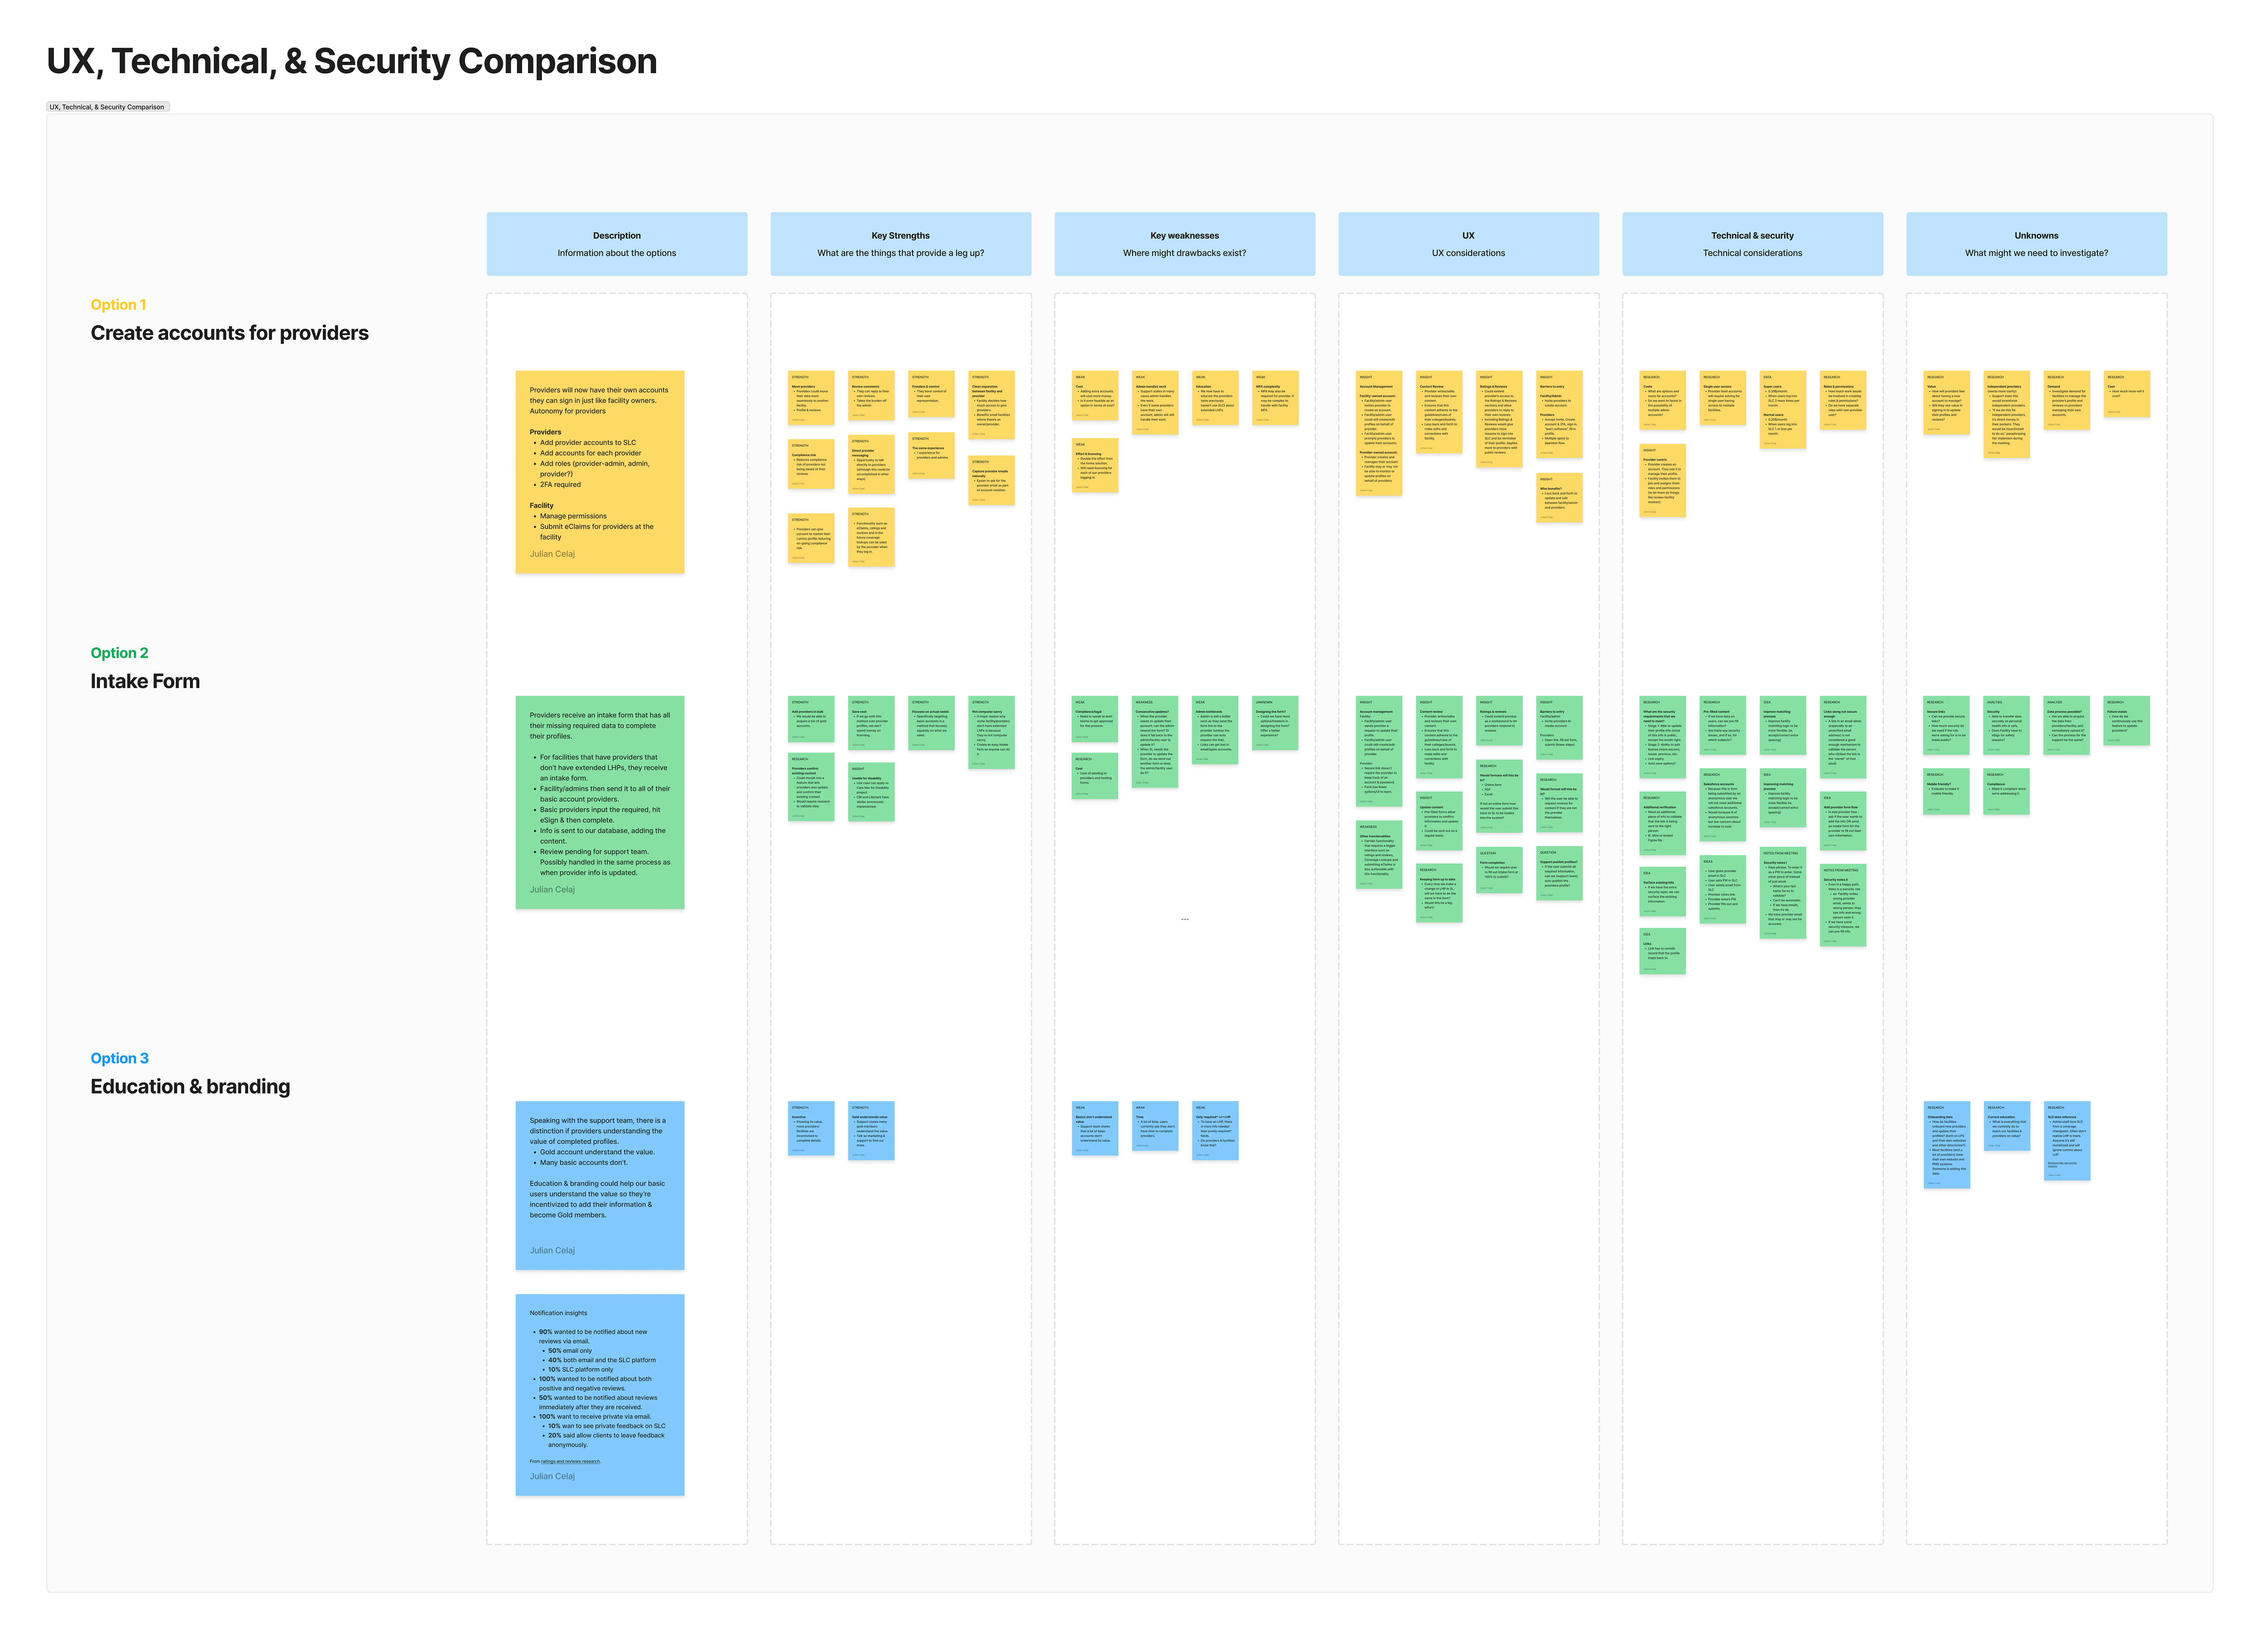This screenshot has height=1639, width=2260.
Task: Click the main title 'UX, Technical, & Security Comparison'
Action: (x=352, y=62)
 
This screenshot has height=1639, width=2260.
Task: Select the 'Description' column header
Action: (x=617, y=236)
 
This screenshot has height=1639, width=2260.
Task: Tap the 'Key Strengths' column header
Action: (x=900, y=236)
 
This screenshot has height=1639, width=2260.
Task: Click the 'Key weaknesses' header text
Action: (x=1184, y=236)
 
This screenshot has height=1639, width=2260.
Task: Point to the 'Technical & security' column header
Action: (x=1752, y=236)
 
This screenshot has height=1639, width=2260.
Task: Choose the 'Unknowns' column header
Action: (x=2036, y=236)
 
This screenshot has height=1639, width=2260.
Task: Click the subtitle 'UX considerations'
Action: (x=1468, y=253)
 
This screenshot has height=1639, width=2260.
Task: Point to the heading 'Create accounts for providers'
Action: (x=229, y=333)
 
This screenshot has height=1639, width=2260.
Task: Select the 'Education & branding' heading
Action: (x=190, y=1087)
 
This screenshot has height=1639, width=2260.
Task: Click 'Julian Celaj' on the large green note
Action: (x=552, y=890)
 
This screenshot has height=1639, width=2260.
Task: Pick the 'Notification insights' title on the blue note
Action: (x=558, y=1313)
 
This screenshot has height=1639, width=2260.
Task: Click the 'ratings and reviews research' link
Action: (x=570, y=1462)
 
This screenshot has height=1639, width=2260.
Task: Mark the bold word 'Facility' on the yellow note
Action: (x=541, y=506)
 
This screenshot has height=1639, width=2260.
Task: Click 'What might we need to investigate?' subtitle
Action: (x=2036, y=253)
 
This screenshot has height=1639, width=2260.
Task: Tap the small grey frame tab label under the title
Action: (x=108, y=107)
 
